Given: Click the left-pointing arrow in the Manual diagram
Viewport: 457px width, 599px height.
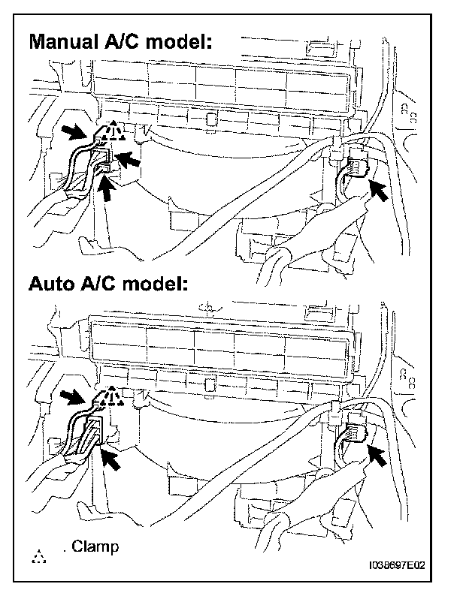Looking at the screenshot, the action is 129,158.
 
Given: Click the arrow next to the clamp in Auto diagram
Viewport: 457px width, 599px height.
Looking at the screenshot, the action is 75,395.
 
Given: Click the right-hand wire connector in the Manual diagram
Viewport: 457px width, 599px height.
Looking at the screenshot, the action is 356,167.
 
